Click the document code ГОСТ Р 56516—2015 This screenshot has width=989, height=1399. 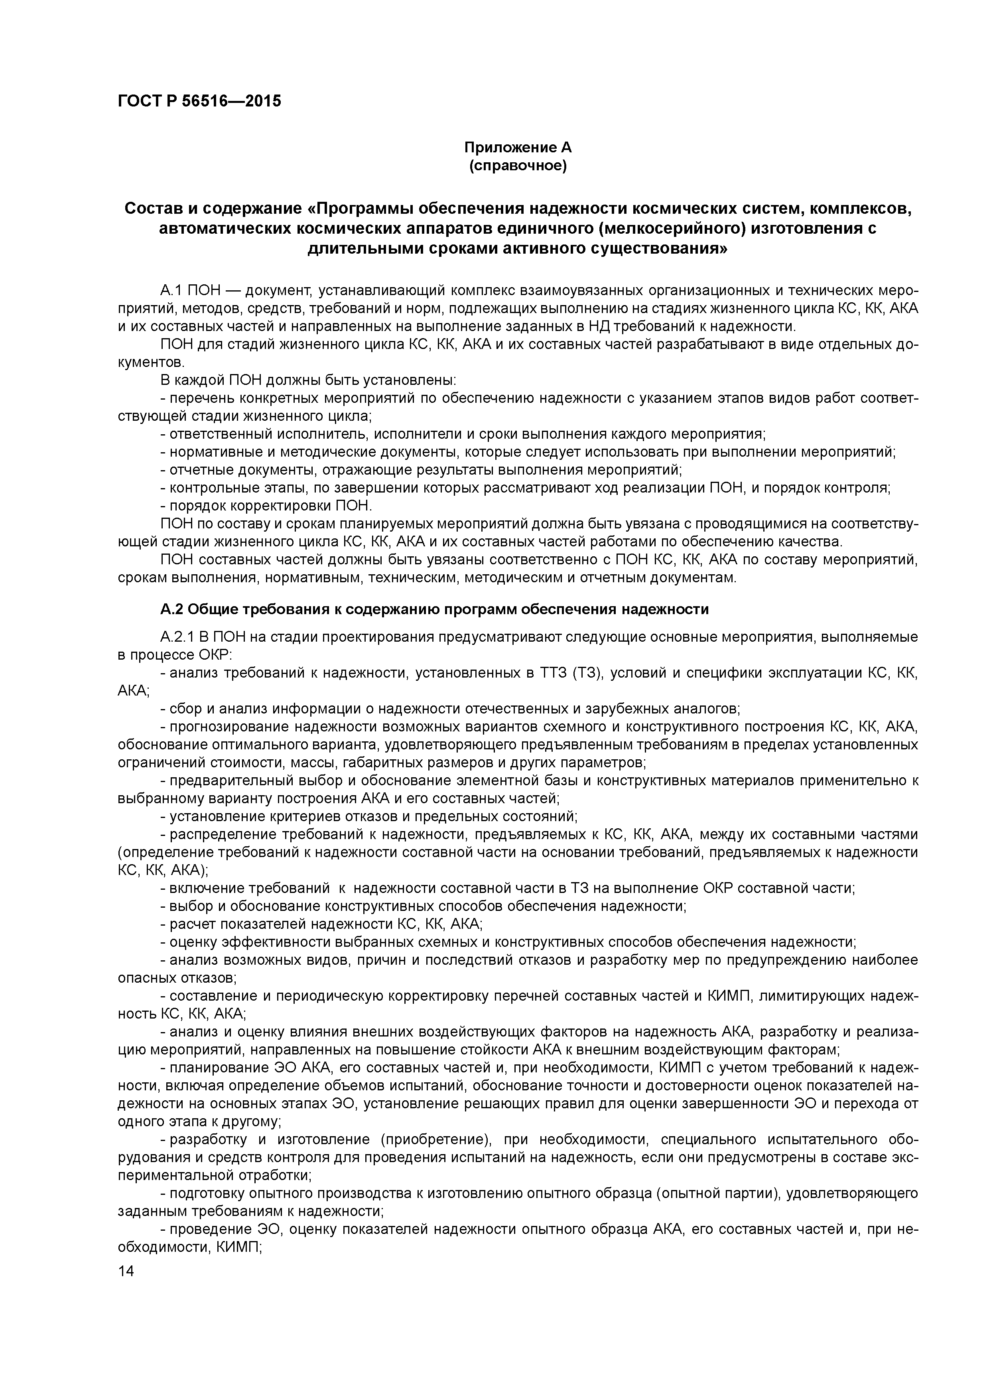pos(199,102)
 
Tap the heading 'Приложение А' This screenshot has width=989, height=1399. pos(518,148)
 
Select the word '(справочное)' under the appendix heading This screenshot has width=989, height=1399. pos(518,166)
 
